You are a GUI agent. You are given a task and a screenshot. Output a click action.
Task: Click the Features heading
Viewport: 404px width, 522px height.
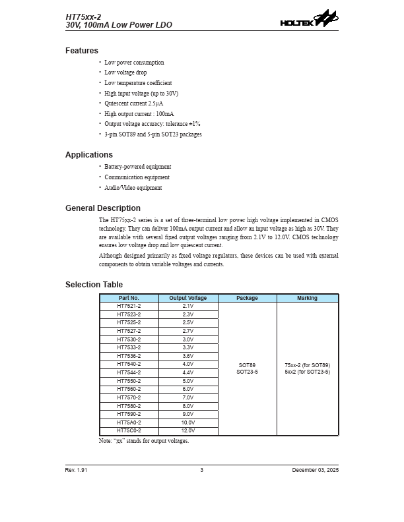pyautogui.click(x=82, y=51)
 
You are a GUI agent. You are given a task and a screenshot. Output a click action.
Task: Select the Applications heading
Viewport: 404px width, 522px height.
pyautogui.click(x=89, y=155)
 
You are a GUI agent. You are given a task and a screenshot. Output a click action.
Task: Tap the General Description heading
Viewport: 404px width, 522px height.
pyautogui.click(x=103, y=208)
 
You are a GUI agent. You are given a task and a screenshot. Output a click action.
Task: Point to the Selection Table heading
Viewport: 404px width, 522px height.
pyautogui.click(x=94, y=285)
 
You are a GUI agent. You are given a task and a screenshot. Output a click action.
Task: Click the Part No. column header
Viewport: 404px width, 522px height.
pyautogui.click(x=129, y=299)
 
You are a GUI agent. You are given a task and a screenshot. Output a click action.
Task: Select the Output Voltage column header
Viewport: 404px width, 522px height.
pyautogui.click(x=188, y=299)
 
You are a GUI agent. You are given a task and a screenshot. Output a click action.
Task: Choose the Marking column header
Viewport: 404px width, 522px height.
pyautogui.click(x=307, y=299)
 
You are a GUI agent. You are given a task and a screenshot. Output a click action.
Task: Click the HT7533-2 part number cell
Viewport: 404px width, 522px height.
pyautogui.click(x=129, y=347)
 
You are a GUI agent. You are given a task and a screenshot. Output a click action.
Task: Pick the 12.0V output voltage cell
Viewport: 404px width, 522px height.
pyautogui.click(x=188, y=431)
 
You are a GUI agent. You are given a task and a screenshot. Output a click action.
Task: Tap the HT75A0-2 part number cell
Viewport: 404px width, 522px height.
pyautogui.click(x=129, y=422)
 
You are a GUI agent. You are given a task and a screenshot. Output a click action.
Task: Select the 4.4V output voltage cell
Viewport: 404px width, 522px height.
pyautogui.click(x=188, y=372)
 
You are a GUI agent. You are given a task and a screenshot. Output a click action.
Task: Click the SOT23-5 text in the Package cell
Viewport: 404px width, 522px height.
pyautogui.click(x=247, y=372)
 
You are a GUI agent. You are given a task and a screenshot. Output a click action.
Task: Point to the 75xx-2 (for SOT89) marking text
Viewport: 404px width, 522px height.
pyautogui.click(x=307, y=365)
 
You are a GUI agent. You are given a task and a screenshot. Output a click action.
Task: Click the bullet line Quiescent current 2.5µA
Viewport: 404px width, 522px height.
pyautogui.click(x=134, y=103)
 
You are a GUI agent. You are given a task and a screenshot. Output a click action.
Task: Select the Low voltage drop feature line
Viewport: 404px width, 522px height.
pyautogui.click(x=125, y=72)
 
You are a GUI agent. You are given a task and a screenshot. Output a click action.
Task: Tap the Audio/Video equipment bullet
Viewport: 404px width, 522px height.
pyautogui.click(x=133, y=188)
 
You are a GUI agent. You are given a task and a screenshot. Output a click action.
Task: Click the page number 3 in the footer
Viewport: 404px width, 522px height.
pyautogui.click(x=202, y=470)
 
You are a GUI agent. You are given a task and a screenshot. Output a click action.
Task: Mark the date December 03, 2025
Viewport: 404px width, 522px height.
pyautogui.click(x=315, y=470)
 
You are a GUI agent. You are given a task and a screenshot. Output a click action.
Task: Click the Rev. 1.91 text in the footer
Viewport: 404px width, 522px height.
pyautogui.click(x=76, y=470)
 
